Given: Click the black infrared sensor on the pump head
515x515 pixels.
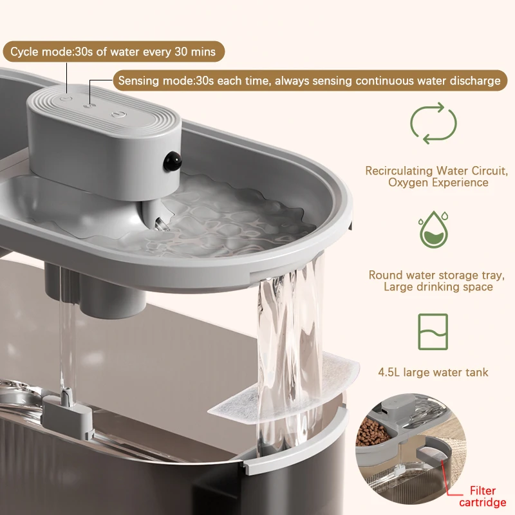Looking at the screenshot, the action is click(x=173, y=161).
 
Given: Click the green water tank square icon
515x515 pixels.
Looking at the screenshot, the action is click(x=433, y=332).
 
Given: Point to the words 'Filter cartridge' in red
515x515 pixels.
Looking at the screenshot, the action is click(x=482, y=496).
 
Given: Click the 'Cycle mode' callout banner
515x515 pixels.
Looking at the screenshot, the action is click(x=114, y=51).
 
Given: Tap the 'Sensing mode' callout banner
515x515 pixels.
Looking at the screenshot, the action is click(x=310, y=80).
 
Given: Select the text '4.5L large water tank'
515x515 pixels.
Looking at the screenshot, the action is click(x=433, y=372).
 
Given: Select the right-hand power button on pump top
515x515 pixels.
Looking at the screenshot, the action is click(x=118, y=115).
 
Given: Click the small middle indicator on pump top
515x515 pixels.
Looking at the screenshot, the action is click(x=89, y=106).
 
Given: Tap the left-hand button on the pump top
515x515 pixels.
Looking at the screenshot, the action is click(x=66, y=98).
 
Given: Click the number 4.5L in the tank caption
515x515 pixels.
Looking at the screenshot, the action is click(x=389, y=372).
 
